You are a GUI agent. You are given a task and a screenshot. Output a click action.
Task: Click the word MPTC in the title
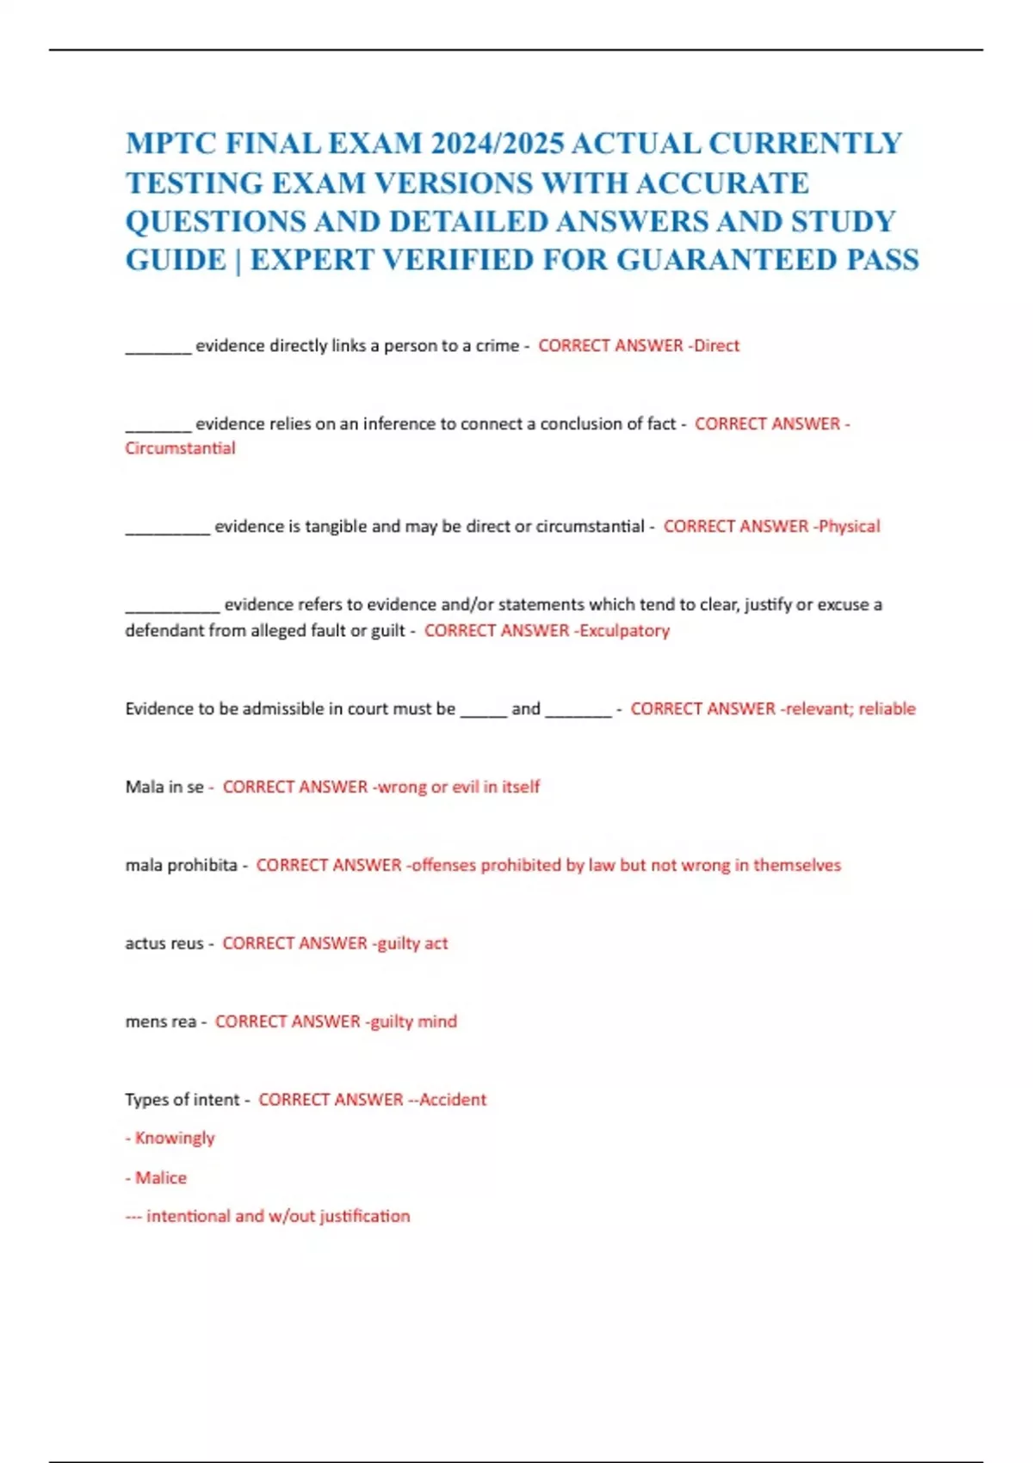click(x=170, y=143)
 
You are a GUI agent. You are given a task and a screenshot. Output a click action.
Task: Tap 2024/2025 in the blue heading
click(x=496, y=143)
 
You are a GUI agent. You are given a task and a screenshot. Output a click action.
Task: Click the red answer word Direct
click(x=717, y=346)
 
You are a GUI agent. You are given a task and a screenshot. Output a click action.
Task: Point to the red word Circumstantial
click(x=180, y=448)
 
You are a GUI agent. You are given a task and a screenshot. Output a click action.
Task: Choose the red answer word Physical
click(x=850, y=527)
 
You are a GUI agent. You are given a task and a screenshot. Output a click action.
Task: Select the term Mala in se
click(x=164, y=787)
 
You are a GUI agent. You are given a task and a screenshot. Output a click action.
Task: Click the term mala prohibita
click(x=181, y=865)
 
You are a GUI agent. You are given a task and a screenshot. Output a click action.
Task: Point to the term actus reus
click(x=164, y=943)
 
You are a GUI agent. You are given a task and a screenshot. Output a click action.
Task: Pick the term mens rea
click(x=161, y=1022)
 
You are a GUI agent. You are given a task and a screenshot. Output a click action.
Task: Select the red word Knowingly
click(x=175, y=1138)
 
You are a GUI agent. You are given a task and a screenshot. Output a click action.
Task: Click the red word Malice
click(x=161, y=1177)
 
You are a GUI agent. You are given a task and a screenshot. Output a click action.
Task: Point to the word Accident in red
click(x=453, y=1100)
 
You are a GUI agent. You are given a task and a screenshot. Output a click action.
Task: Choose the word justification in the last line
click(x=365, y=1216)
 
